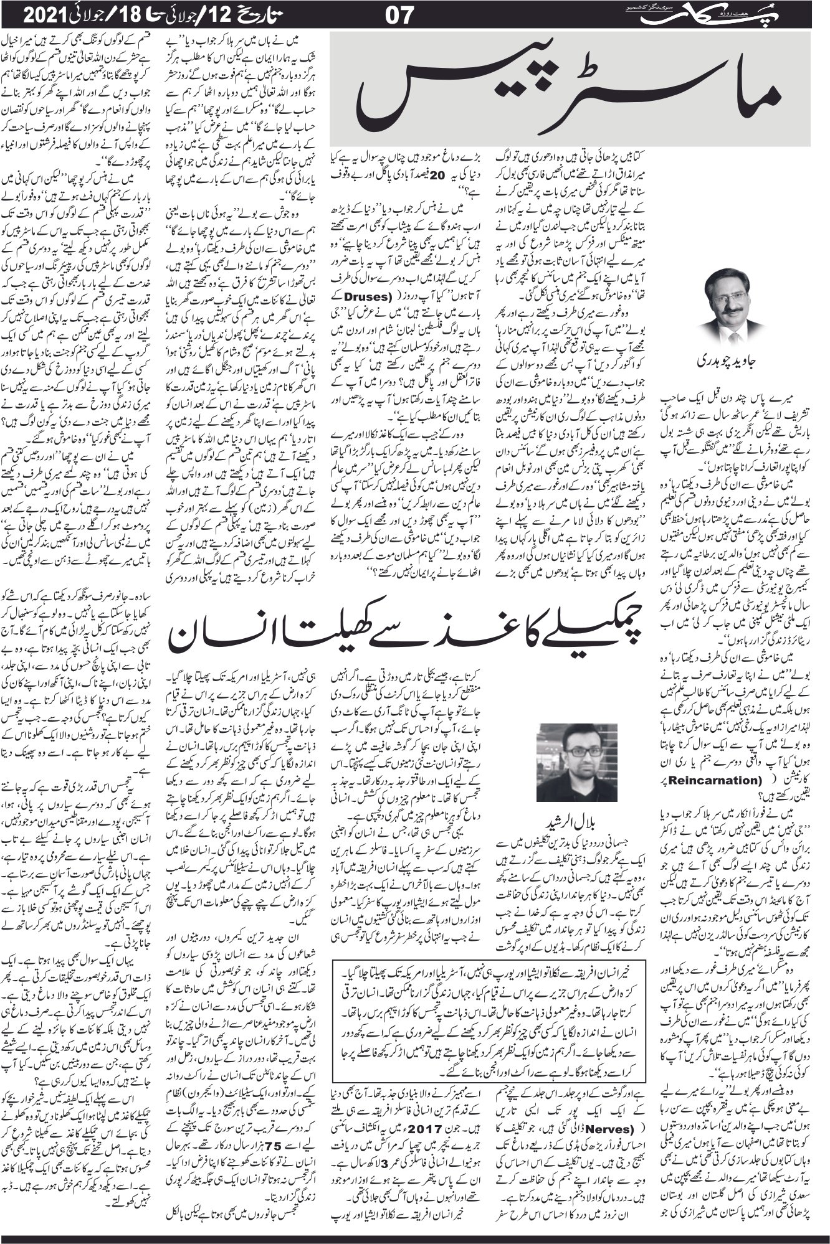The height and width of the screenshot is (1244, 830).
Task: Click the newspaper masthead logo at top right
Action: (x=770, y=14)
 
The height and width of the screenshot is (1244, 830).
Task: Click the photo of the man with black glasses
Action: (x=576, y=762)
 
